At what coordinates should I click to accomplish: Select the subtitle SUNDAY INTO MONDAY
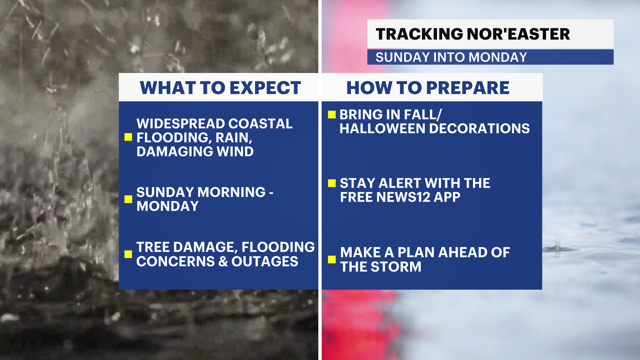coord(451,57)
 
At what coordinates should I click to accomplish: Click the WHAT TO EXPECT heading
coord(220,88)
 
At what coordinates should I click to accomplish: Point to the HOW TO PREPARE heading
coord(428,88)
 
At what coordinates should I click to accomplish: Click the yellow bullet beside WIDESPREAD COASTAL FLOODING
coord(128,137)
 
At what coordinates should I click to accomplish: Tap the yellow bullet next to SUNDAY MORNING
coord(128,199)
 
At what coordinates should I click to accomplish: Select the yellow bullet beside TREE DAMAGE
coord(128,254)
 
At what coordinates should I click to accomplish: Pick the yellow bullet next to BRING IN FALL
coord(332,115)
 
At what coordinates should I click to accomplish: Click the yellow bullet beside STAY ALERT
coord(332,183)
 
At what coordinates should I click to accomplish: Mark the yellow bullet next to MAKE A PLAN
coord(332,259)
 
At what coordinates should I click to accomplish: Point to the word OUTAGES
coord(265,262)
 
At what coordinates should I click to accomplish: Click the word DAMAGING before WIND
coord(175,152)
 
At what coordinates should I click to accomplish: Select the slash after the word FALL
coord(439,115)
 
